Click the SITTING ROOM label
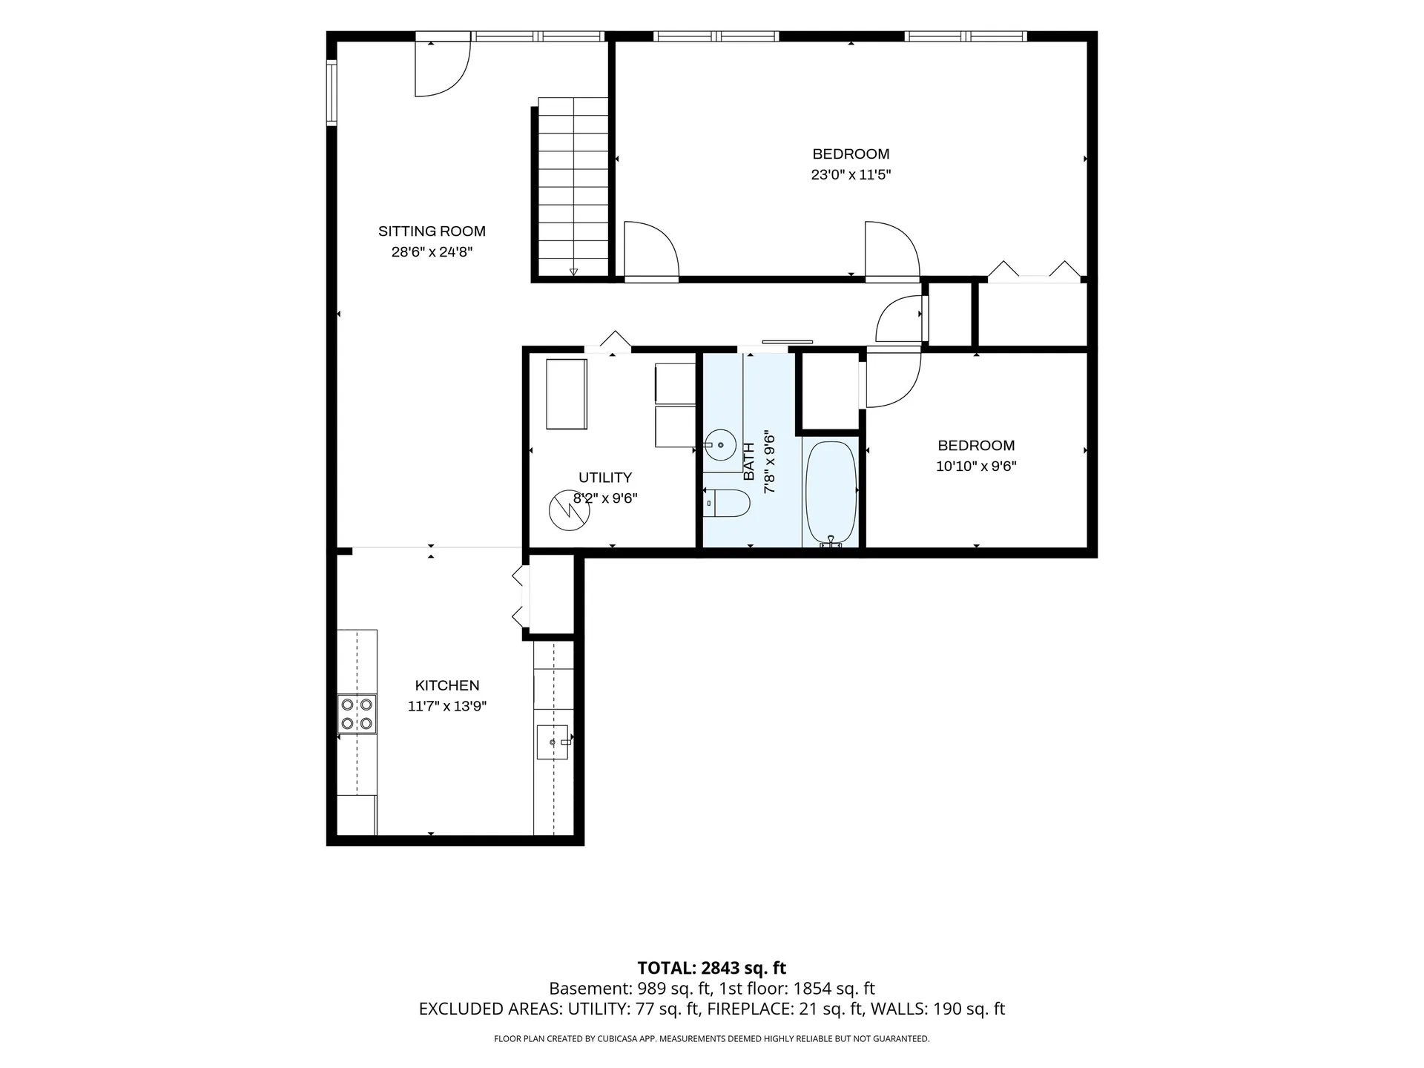point(432,231)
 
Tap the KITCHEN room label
point(447,686)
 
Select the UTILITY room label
point(605,478)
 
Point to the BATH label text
point(749,461)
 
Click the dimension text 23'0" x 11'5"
point(851,175)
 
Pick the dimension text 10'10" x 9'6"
point(976,467)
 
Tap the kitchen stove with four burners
point(357,713)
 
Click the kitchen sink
point(553,742)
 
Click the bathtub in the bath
point(831,494)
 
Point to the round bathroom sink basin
point(720,445)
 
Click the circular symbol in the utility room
point(569,511)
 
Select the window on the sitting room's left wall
point(332,93)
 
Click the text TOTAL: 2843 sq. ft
point(712,968)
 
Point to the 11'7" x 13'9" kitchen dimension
point(447,707)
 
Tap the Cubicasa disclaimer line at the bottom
point(712,1039)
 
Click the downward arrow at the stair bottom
point(573,272)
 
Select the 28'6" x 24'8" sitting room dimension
point(432,252)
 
